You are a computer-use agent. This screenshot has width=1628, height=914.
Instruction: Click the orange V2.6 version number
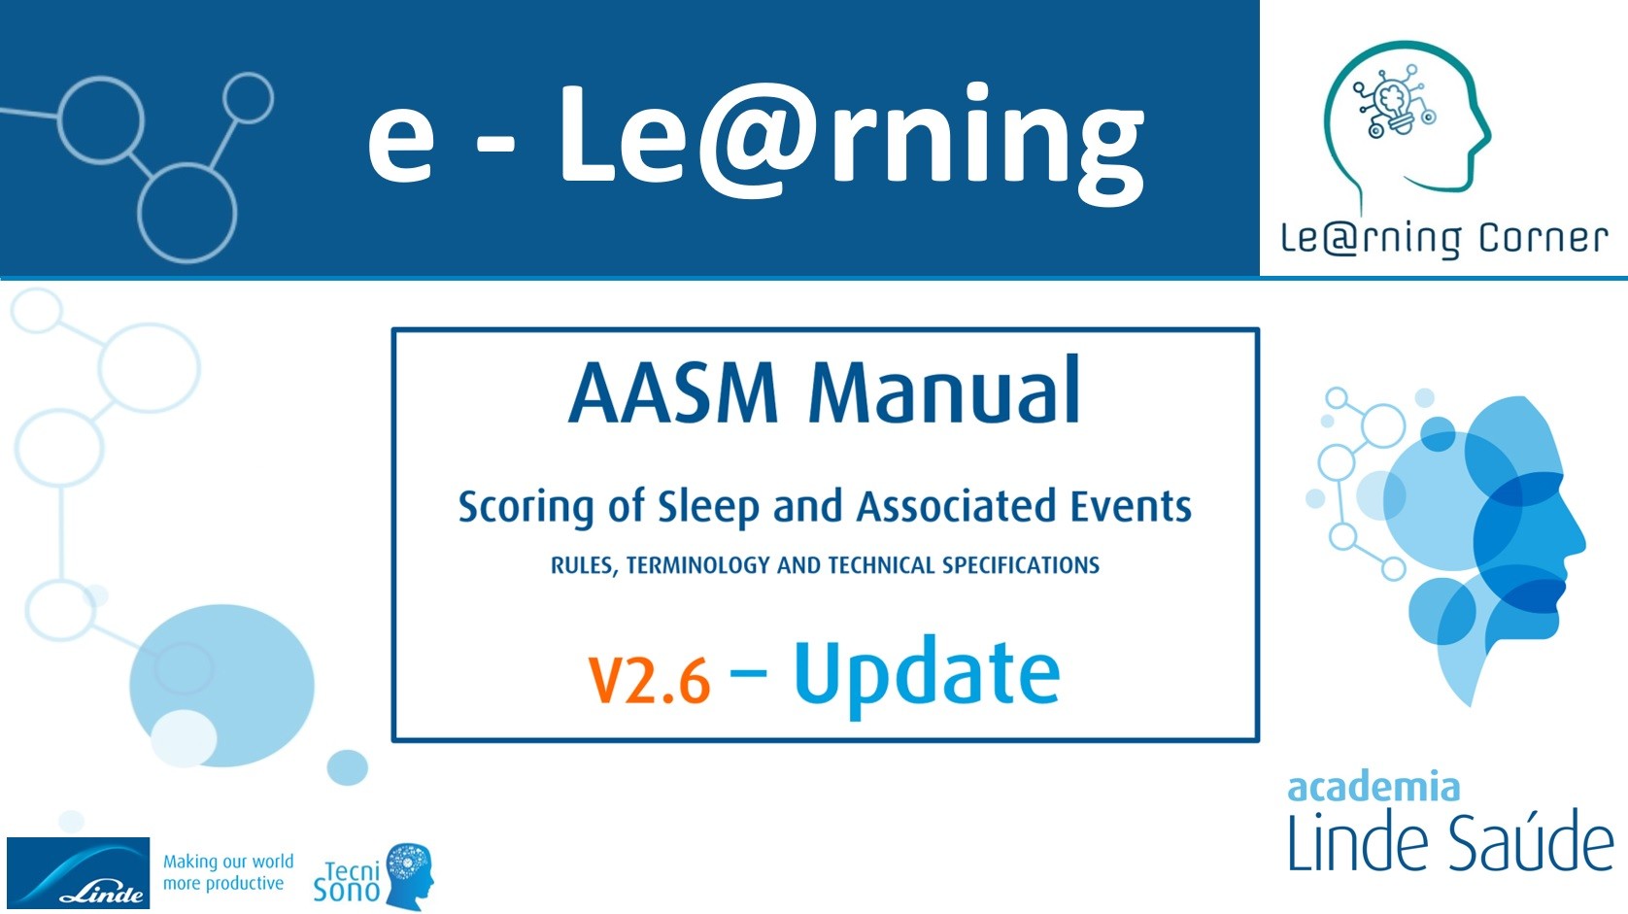coord(648,679)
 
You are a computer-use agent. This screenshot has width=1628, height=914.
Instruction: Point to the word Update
coord(927,676)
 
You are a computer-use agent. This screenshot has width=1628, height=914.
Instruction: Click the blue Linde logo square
coord(79,872)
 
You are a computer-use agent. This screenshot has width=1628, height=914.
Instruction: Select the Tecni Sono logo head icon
coord(410,875)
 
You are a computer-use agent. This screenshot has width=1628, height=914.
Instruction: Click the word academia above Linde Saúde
coord(1373,788)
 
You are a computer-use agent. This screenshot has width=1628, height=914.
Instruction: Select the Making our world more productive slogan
coord(227,872)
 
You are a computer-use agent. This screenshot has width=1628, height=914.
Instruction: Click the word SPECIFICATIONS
coord(1020,565)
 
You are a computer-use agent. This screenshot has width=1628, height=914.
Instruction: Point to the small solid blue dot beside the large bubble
coord(348,767)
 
